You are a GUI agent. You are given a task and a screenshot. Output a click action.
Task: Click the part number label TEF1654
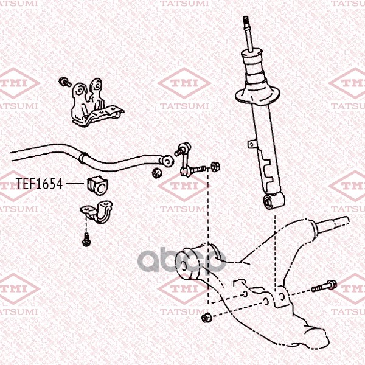pyautogui.click(x=39, y=184)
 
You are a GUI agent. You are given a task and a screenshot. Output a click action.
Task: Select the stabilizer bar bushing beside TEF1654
pyautogui.click(x=98, y=185)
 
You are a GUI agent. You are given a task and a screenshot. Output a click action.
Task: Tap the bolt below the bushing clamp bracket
pyautogui.click(x=86, y=239)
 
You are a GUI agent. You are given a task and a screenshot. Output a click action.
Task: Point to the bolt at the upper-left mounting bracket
pyautogui.click(x=64, y=82)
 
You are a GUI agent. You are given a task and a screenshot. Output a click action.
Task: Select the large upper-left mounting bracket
pyautogui.click(x=96, y=103)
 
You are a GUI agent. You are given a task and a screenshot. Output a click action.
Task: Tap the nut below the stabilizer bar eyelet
pyautogui.click(x=158, y=173)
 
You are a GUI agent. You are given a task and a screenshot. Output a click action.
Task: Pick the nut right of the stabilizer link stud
pyautogui.click(x=215, y=167)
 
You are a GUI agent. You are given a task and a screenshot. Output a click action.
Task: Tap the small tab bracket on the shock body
pyautogui.click(x=252, y=144)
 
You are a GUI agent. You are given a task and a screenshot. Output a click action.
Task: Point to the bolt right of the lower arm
pyautogui.click(x=324, y=286)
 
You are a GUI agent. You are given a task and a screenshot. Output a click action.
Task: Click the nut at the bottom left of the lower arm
pyautogui.click(x=206, y=318)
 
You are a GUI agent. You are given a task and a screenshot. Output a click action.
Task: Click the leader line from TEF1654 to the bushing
pyautogui.click(x=74, y=184)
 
